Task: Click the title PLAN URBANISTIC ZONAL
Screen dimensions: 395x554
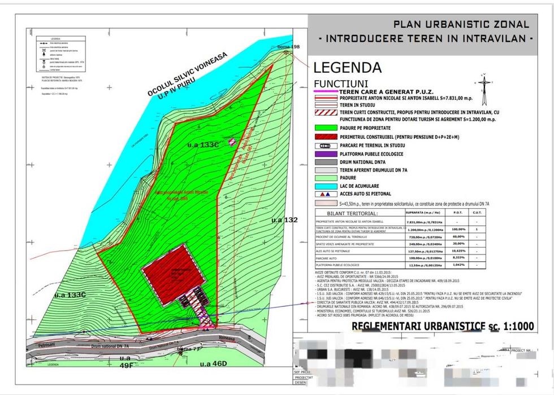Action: point(461,24)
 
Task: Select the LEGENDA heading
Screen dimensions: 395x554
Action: point(347,68)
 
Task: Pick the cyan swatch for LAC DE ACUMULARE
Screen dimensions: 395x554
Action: point(326,186)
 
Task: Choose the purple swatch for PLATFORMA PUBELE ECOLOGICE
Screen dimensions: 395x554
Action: point(326,153)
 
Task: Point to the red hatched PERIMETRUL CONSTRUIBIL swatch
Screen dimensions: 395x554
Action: point(326,137)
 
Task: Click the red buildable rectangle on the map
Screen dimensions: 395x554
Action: point(173,267)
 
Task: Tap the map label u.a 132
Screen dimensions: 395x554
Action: point(284,220)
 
